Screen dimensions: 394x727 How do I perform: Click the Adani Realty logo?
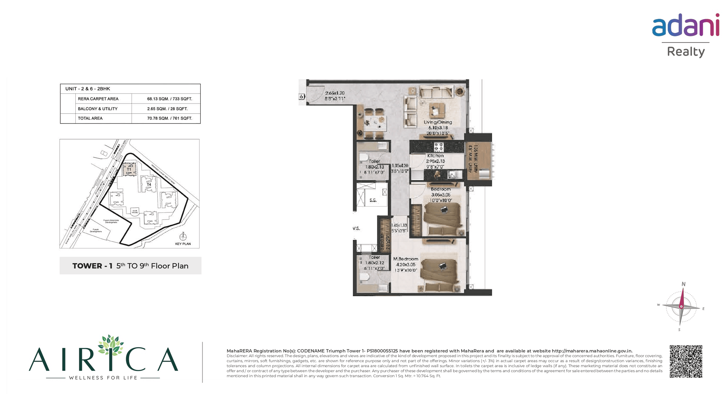click(685, 35)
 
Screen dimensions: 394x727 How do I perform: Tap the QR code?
click(686, 361)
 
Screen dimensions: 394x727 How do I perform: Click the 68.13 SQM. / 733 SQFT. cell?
click(170, 99)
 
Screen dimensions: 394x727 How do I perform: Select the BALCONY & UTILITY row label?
click(98, 109)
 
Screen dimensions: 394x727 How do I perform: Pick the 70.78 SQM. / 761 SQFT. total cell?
click(170, 118)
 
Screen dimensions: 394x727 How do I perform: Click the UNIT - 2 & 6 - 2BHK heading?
click(88, 89)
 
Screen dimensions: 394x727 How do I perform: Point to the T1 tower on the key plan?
click(129, 169)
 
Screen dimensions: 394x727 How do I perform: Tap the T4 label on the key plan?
click(149, 184)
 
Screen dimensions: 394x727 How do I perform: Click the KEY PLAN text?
click(183, 244)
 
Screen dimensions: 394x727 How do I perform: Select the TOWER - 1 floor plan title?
click(130, 266)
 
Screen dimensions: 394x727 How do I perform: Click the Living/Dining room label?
click(438, 122)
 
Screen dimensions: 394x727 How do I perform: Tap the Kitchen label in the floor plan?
click(435, 156)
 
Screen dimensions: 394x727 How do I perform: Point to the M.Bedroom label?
click(406, 259)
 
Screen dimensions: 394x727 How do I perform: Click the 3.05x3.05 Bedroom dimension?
click(441, 195)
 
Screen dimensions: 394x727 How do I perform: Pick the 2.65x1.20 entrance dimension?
click(335, 93)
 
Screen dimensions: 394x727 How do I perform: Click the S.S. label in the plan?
click(373, 200)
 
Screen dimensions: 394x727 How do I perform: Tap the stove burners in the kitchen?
click(438, 147)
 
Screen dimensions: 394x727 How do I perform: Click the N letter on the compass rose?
click(683, 284)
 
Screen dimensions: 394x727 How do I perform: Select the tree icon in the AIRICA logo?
click(111, 345)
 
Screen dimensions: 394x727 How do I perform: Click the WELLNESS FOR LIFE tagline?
click(103, 378)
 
